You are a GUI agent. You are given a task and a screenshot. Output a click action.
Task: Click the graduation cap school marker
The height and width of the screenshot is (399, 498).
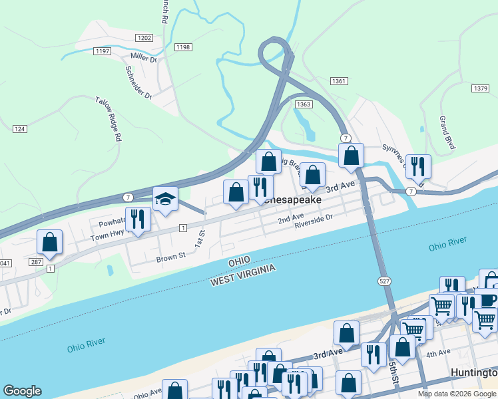[165, 199]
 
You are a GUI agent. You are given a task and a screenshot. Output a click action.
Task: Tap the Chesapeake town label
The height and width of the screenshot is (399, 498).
[294, 199]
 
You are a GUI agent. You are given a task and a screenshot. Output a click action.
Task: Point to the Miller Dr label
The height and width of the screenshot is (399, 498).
[143, 59]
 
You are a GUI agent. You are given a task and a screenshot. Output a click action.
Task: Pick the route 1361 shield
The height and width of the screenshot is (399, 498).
[338, 80]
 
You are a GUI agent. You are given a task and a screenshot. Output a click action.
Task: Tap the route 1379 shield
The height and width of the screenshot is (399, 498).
[479, 88]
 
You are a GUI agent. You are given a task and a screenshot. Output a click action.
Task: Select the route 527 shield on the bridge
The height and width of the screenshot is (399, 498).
[384, 281]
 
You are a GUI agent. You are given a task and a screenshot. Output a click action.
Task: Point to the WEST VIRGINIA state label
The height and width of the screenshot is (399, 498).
[242, 275]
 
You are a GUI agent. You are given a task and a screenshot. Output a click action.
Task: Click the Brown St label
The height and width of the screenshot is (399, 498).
[170, 257]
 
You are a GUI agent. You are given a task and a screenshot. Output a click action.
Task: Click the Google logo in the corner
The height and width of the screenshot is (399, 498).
[22, 391]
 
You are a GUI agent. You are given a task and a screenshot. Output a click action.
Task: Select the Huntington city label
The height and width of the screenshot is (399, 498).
[473, 372]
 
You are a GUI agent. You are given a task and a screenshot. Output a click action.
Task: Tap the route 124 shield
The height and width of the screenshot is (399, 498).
[19, 128]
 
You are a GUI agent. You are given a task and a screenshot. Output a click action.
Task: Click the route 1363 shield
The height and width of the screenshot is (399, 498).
[303, 104]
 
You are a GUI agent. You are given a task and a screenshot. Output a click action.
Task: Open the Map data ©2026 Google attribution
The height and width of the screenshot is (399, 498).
[457, 394]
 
